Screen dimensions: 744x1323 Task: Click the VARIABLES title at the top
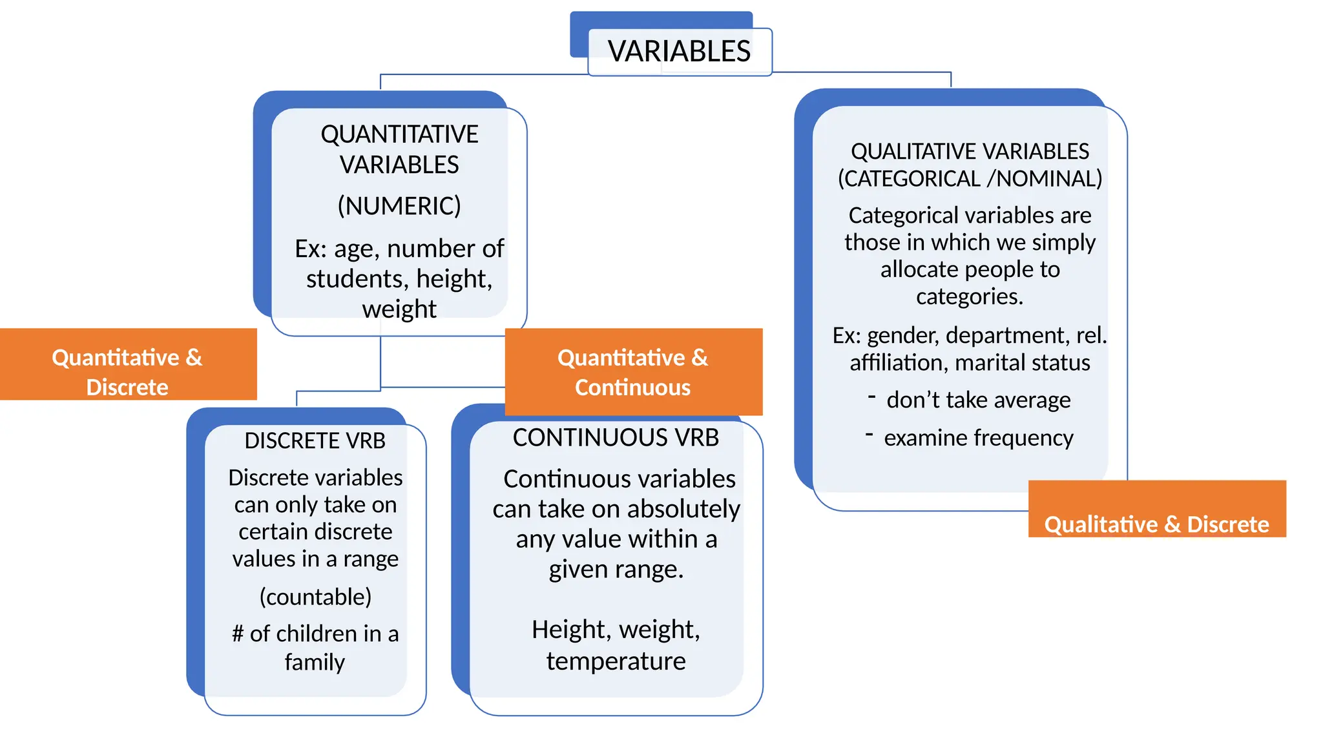click(x=679, y=52)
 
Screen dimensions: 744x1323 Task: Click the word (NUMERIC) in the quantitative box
click(x=399, y=206)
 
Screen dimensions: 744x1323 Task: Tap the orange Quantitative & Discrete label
click(x=127, y=371)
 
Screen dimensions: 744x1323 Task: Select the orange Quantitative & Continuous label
click(x=632, y=371)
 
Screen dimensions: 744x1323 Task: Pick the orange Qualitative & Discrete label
click(x=1156, y=524)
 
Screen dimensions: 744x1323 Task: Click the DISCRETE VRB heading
click(x=315, y=440)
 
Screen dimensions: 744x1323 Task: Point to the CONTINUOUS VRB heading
click(x=616, y=438)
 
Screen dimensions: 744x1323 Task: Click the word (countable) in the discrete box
click(x=315, y=597)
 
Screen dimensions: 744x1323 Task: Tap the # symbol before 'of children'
click(x=237, y=634)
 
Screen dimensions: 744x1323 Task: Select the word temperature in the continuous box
click(x=616, y=661)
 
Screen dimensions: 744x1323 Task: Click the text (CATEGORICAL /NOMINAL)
click(x=970, y=179)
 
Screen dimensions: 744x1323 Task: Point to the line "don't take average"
click(x=978, y=400)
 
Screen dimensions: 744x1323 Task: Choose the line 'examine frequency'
click(x=978, y=439)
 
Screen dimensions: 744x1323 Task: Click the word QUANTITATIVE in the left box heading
click(x=399, y=134)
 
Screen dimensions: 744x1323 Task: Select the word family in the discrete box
click(x=315, y=662)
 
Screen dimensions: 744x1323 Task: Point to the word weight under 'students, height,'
click(x=399, y=309)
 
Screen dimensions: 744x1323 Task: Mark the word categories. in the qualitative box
click(x=969, y=296)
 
